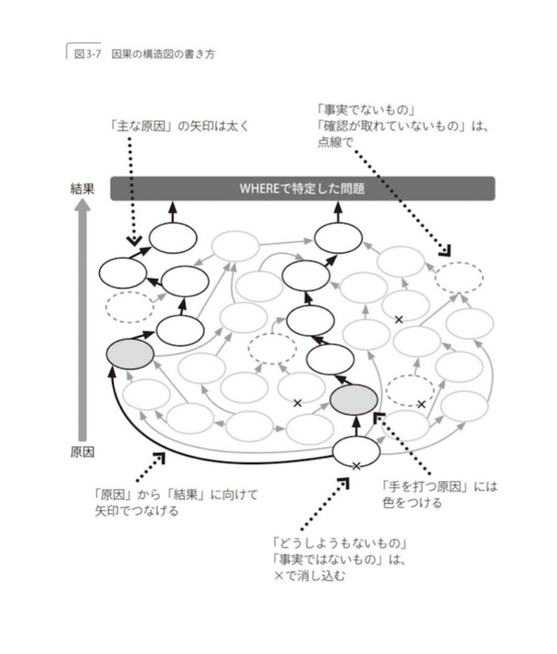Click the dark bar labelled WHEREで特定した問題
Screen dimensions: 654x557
(x=302, y=189)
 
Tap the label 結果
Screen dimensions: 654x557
(x=83, y=189)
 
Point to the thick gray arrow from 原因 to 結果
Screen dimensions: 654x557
(x=83, y=318)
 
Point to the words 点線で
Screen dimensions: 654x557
(x=334, y=142)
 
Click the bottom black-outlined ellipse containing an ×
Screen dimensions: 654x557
(x=356, y=453)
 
